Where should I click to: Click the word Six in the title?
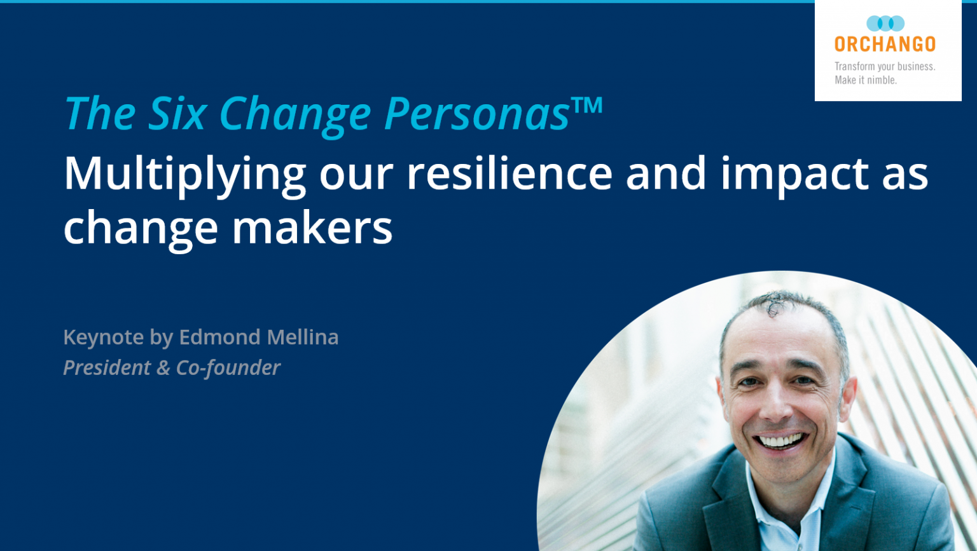177,114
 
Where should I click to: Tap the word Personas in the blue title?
477,114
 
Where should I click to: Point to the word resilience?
509,173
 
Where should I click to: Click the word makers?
312,228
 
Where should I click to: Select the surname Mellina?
302,337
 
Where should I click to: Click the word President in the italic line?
107,367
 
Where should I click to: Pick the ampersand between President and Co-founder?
163,367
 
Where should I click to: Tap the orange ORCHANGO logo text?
885,44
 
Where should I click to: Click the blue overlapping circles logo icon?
885,24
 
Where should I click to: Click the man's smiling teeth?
781,440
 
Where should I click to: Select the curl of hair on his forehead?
775,304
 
